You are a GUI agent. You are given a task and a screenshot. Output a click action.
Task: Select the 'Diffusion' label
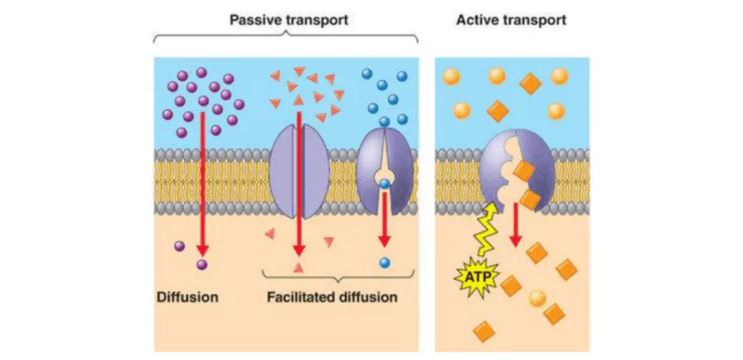tap(188, 296)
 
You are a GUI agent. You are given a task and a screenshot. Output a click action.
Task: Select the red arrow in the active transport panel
tap(515, 223)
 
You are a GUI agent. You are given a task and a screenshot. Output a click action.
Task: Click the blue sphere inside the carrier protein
tap(383, 184)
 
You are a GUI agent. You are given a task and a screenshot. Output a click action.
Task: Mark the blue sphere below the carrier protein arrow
tap(385, 263)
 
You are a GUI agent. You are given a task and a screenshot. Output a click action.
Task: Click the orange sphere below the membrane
tap(537, 298)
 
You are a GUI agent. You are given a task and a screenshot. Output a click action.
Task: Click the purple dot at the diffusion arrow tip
tap(202, 263)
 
